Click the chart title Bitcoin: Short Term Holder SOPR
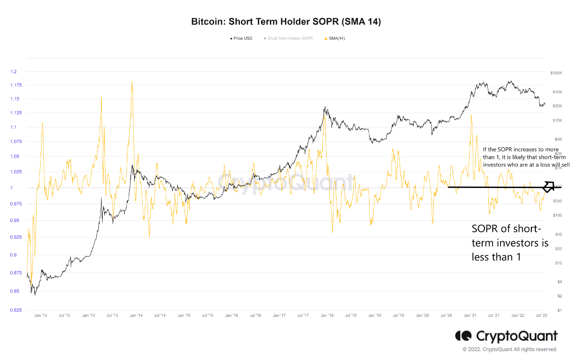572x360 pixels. (286, 21)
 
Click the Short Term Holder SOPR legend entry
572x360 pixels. (290, 38)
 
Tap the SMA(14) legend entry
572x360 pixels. (335, 38)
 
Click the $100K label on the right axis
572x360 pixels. (556, 73)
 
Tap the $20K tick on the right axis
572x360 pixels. (557, 106)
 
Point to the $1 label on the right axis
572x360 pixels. (559, 310)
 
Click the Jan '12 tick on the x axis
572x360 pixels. (41, 315)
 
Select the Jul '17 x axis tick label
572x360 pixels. (303, 315)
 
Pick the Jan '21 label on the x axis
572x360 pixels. (470, 315)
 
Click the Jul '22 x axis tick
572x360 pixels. (542, 315)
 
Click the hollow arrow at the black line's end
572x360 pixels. (549, 187)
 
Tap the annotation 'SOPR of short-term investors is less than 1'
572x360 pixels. (510, 243)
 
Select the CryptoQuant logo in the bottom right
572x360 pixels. (506, 336)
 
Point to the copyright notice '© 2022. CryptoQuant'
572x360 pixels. (510, 349)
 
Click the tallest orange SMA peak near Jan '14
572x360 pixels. (132, 82)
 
